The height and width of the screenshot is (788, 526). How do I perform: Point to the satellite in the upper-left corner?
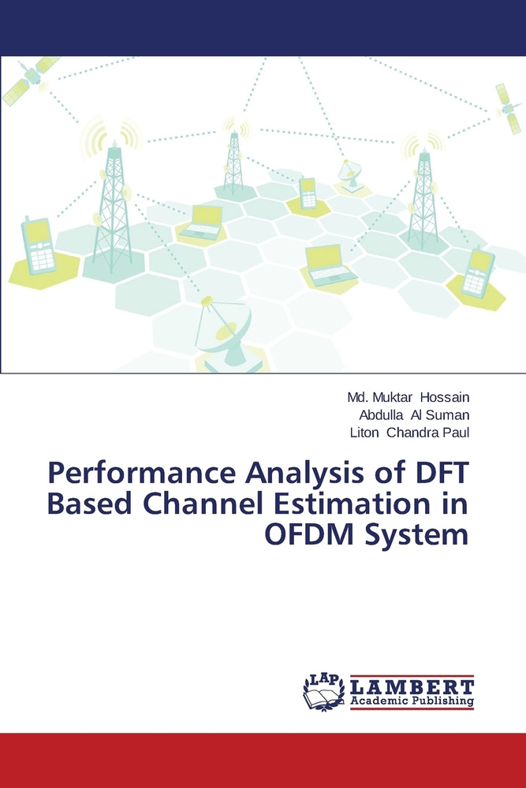(30, 80)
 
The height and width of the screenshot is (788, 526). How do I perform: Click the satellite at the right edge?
(509, 108)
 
